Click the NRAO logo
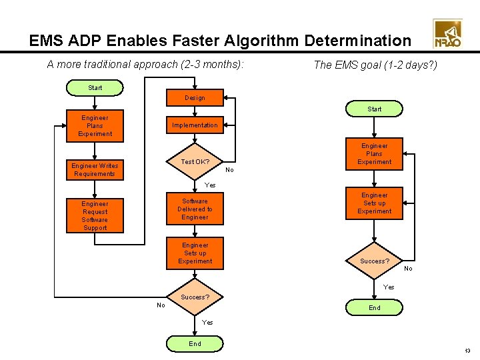(x=447, y=35)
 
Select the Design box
(x=195, y=98)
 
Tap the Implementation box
(x=195, y=125)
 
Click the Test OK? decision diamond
(x=195, y=162)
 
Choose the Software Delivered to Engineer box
(x=195, y=209)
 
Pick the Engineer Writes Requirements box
(x=95, y=170)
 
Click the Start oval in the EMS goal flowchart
(x=375, y=109)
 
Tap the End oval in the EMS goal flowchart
(x=375, y=307)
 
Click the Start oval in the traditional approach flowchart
(x=95, y=87)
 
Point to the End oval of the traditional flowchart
(x=195, y=344)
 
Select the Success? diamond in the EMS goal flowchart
(x=375, y=261)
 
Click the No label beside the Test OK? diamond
(x=230, y=170)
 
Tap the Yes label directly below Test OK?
(x=210, y=185)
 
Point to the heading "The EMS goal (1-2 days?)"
(x=375, y=65)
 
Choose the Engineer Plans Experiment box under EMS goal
(x=375, y=154)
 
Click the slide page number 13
(x=467, y=351)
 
